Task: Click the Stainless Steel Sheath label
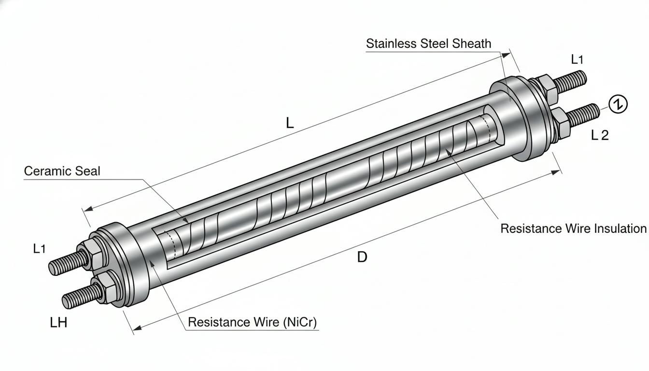point(428,44)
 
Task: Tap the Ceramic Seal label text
point(62,171)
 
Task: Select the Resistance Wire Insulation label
point(573,228)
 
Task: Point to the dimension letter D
point(362,257)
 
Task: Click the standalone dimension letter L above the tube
point(290,123)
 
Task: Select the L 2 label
point(600,135)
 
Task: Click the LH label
point(58,322)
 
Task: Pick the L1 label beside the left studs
point(40,249)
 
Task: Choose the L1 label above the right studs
point(577,59)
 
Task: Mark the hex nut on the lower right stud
point(561,122)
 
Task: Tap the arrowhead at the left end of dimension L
point(88,209)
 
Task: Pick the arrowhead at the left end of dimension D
point(137,328)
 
